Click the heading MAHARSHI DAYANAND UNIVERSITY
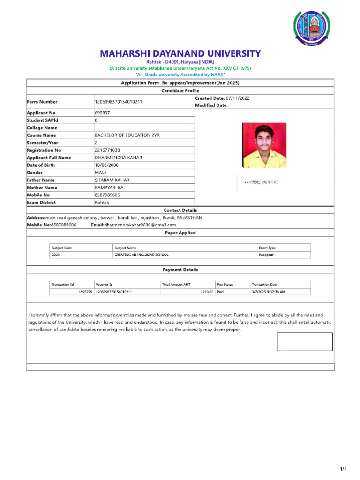(x=180, y=53)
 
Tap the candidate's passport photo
(x=264, y=145)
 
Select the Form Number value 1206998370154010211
(x=119, y=102)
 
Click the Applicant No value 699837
(x=102, y=113)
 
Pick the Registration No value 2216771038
(x=110, y=150)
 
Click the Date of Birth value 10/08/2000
(x=108, y=165)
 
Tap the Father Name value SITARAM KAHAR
(x=112, y=180)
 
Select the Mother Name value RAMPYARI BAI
(x=110, y=187)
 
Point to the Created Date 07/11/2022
(x=234, y=98)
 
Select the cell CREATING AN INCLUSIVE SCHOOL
(x=141, y=255)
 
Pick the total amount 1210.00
(x=207, y=292)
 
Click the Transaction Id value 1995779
(x=84, y=292)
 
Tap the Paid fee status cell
(x=220, y=292)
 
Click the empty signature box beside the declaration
(x=305, y=342)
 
